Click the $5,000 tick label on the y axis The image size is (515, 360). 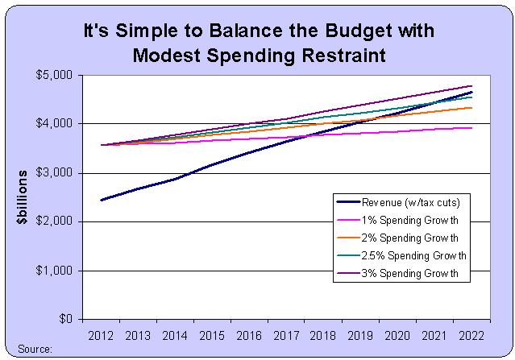coord(56,75)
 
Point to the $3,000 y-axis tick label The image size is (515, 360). coord(56,173)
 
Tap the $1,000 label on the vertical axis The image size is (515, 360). coord(56,271)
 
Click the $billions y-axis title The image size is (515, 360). coord(23,197)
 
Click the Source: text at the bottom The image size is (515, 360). coord(32,350)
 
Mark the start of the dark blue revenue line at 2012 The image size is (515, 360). coord(101,200)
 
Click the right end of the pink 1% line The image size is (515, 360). coord(471,127)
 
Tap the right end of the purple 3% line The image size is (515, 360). coord(471,85)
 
